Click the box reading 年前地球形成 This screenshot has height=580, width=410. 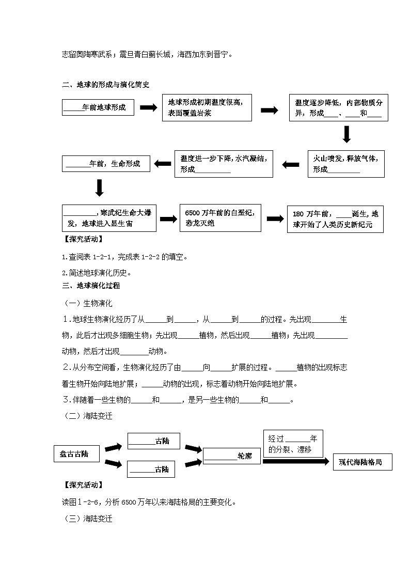[94, 108]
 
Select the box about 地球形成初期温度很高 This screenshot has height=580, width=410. [207, 107]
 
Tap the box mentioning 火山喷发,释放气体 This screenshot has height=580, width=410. [346, 164]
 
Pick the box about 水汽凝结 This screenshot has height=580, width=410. [224, 164]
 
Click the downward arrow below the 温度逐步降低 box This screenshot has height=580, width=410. [346, 134]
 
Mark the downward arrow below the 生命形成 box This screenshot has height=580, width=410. [100, 187]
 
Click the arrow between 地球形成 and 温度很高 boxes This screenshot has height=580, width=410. [149, 107]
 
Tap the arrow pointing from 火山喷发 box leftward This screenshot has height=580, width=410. [291, 164]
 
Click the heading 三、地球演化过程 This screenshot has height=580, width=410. [91, 285]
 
